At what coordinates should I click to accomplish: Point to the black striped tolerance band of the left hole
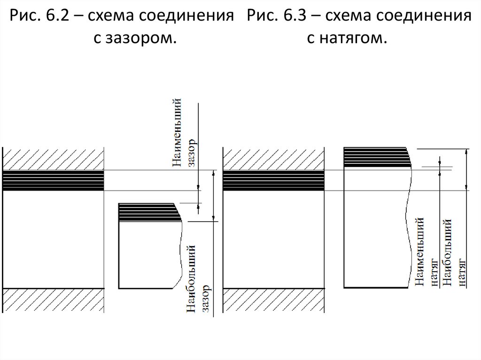pos(53,181)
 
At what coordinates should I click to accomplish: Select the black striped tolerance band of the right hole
pos(273,181)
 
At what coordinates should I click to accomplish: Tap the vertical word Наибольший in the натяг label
pos(448,251)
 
